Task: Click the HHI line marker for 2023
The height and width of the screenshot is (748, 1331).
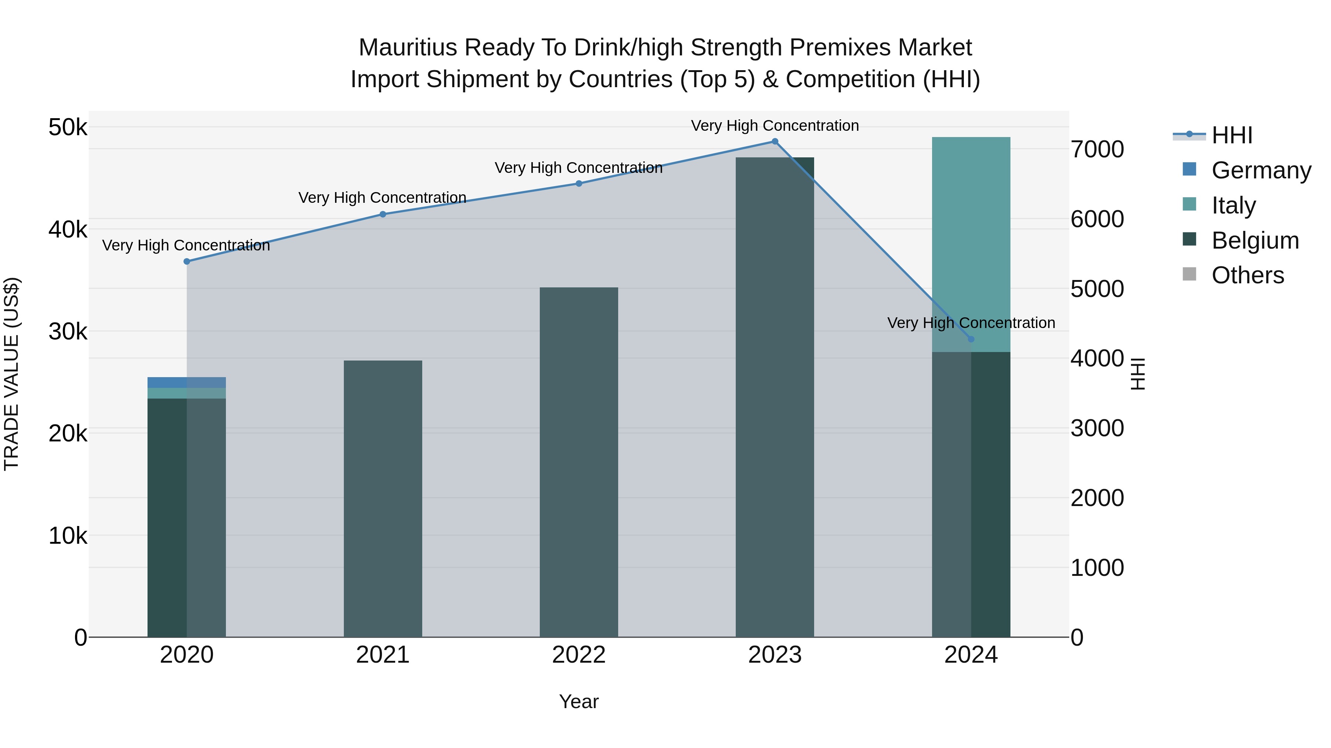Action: point(775,141)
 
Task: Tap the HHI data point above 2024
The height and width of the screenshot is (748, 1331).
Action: point(971,339)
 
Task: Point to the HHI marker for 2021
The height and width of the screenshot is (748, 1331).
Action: point(383,214)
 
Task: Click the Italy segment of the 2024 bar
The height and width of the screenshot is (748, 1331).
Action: point(971,243)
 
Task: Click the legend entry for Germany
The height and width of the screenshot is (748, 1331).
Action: point(1261,170)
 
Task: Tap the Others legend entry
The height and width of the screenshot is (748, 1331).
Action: point(1247,275)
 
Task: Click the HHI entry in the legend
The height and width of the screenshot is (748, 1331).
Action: point(1232,135)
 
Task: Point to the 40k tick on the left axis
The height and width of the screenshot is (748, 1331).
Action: point(68,229)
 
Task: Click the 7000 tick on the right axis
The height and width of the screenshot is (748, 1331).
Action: point(1097,149)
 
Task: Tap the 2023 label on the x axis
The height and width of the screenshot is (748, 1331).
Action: point(775,655)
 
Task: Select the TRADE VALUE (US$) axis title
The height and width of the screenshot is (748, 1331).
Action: point(11,374)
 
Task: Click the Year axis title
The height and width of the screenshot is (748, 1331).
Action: point(579,701)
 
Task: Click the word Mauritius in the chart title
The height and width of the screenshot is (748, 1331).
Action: point(408,48)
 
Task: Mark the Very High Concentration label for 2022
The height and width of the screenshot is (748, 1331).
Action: point(579,168)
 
